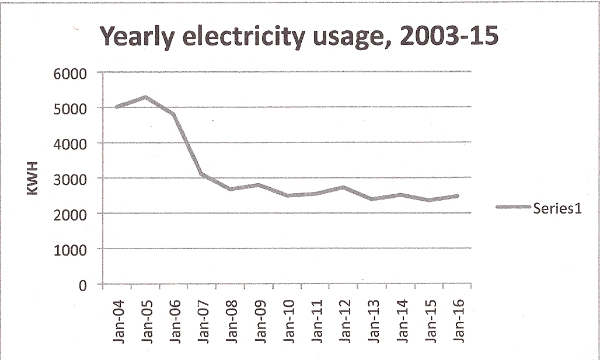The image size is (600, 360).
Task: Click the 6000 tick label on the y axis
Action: pos(72,74)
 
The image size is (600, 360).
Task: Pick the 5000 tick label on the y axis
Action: pos(72,109)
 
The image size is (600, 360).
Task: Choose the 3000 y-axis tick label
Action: pos(72,179)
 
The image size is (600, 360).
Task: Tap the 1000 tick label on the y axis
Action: pos(72,250)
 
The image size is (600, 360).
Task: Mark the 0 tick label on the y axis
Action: pos(82,285)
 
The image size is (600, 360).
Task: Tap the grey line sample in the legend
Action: pos(514,207)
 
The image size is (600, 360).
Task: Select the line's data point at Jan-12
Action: pos(344,187)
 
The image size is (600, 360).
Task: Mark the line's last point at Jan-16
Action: pos(457,196)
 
